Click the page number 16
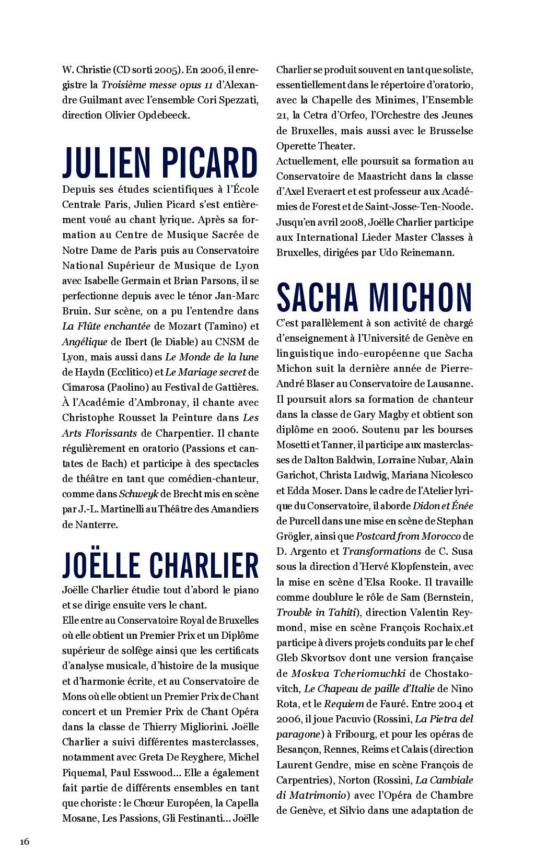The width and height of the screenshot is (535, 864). (x=25, y=841)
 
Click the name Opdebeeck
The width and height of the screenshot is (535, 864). (x=163, y=115)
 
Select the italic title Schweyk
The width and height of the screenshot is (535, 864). (x=138, y=494)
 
